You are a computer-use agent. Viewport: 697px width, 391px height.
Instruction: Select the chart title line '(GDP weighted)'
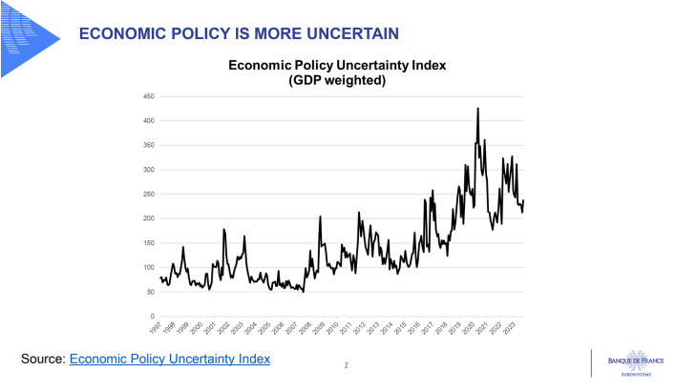click(337, 81)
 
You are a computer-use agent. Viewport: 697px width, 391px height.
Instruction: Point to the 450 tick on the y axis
click(149, 96)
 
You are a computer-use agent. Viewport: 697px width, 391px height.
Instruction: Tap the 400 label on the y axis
click(149, 121)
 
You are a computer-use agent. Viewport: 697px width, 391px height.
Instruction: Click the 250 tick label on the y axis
click(149, 195)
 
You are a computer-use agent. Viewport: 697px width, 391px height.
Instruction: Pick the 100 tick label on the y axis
click(149, 267)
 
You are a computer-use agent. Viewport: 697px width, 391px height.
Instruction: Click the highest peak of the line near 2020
click(477, 109)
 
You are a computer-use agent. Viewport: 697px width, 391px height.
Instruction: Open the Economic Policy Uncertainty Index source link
click(170, 359)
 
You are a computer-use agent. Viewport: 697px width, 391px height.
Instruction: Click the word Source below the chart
click(42, 359)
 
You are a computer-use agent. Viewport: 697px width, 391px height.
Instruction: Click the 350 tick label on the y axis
click(149, 146)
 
